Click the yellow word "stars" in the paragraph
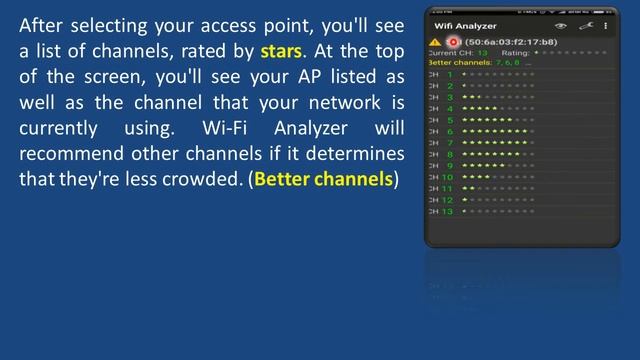[x=280, y=50]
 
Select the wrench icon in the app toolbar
[x=585, y=26]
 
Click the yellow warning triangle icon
[x=434, y=42]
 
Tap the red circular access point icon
[x=453, y=42]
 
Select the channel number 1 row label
[x=450, y=74]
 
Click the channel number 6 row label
[x=450, y=131]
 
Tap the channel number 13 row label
[x=448, y=211]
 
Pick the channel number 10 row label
[x=448, y=177]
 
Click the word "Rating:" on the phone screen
[x=515, y=52]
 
